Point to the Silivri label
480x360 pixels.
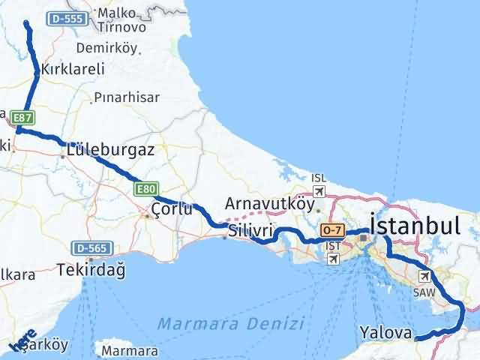[250, 229]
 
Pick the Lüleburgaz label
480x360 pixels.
[111, 149]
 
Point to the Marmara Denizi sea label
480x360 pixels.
[230, 324]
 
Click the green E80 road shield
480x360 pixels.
[145, 190]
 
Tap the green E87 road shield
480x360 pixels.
[22, 117]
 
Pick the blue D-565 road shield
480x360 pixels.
[92, 248]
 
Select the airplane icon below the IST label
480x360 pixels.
[332, 258]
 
